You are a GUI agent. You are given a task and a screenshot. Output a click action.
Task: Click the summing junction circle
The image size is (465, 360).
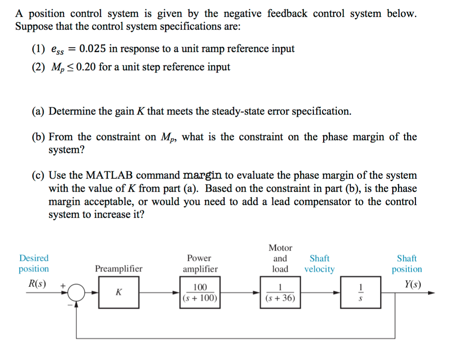coord(76,292)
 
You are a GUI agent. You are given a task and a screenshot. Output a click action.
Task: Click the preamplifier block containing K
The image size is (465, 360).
coord(119,292)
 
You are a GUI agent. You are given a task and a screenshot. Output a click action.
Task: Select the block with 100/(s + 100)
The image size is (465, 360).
coord(200,292)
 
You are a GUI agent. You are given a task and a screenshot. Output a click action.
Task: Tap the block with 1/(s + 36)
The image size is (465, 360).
coord(280,292)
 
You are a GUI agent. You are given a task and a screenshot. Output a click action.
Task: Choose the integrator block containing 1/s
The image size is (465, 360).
coord(360,292)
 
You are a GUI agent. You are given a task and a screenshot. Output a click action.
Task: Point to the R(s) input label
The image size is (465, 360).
coord(37,284)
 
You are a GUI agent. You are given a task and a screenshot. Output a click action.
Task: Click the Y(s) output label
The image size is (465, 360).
coord(413,284)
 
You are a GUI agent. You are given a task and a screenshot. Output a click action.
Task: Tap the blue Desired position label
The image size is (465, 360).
coord(34,263)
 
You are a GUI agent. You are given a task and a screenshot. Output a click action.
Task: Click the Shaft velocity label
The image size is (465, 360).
coord(320,264)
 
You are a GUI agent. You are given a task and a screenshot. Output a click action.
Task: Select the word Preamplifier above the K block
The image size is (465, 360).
coord(118,269)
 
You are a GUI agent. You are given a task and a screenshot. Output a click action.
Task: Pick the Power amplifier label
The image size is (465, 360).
coord(200,264)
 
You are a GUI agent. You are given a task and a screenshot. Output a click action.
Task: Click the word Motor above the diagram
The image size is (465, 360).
coord(280,248)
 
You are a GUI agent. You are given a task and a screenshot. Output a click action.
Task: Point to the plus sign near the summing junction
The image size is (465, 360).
coord(63,285)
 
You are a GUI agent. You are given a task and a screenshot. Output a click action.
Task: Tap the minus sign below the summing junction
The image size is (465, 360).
coord(68,305)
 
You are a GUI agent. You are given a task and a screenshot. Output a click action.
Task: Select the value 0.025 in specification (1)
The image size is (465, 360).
coord(92,49)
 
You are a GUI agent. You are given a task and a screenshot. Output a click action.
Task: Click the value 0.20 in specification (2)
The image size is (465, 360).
coord(86,67)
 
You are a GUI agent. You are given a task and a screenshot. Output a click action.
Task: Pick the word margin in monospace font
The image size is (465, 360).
coord(202,176)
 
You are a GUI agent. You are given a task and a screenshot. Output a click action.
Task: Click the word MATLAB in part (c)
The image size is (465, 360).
coord(109,175)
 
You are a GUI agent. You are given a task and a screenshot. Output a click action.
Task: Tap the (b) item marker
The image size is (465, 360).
coord(38,137)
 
